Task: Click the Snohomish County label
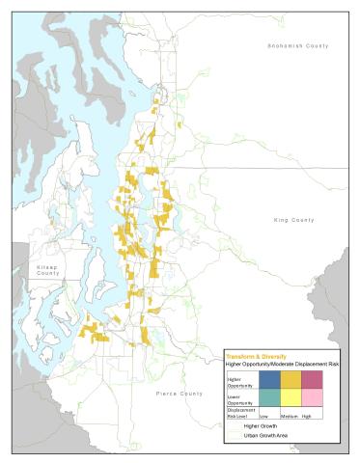click(x=298, y=45)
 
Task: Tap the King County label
click(x=294, y=220)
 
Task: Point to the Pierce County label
click(x=179, y=394)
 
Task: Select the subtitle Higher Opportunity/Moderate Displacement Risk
click(x=282, y=364)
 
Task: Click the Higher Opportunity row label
click(x=238, y=382)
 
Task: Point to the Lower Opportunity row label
click(x=238, y=398)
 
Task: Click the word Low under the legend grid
click(x=263, y=417)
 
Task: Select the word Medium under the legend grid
click(x=289, y=417)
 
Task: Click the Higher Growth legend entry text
click(x=260, y=425)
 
